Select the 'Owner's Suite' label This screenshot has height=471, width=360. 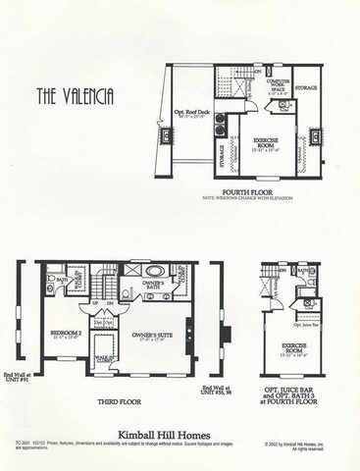150,339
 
